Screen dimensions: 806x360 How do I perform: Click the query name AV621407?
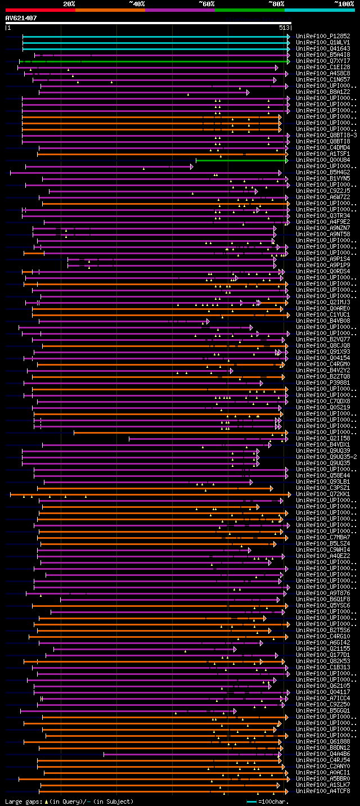pos(21,18)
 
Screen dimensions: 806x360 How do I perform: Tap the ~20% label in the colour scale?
pos(69,3)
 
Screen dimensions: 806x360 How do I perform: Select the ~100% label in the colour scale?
pos(344,3)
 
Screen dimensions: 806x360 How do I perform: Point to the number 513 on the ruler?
pos(283,28)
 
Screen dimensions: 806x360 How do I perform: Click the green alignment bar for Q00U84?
pos(241,160)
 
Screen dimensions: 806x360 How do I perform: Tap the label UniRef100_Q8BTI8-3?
pos(326,135)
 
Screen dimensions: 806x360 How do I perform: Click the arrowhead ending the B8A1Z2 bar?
pos(247,92)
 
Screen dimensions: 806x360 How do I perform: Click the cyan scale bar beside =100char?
pos(251,801)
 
